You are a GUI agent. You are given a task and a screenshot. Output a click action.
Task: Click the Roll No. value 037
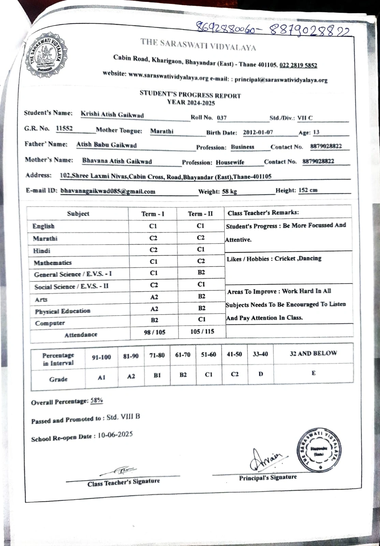pyautogui.click(x=222, y=118)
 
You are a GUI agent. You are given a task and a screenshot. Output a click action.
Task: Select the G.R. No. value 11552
pyautogui.click(x=64, y=128)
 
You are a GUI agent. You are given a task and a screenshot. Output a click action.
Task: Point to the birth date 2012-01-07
pyautogui.click(x=258, y=132)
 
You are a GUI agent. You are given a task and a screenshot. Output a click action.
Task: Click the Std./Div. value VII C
pyautogui.click(x=305, y=118)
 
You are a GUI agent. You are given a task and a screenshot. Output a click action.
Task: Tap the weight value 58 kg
pyautogui.click(x=229, y=191)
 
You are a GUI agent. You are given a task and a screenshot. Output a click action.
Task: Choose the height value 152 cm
pyautogui.click(x=308, y=190)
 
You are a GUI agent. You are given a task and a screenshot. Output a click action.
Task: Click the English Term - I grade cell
pyautogui.click(x=153, y=226)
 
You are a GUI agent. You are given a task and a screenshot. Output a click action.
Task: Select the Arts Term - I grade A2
pyautogui.click(x=154, y=297)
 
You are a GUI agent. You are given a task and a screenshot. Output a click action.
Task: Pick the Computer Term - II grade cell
pyautogui.click(x=202, y=319)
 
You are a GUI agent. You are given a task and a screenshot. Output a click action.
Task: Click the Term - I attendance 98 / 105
pyautogui.click(x=155, y=332)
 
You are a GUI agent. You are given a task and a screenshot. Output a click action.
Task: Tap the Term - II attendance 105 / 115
pyautogui.click(x=202, y=331)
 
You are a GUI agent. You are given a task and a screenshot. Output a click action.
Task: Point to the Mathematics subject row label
pyautogui.click(x=53, y=263)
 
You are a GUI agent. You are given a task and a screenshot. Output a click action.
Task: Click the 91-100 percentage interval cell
pyautogui.click(x=101, y=357)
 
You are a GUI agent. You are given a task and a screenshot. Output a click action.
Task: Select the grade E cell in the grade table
pyautogui.click(x=313, y=373)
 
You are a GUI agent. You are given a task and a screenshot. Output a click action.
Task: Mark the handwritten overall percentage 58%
pyautogui.click(x=97, y=401)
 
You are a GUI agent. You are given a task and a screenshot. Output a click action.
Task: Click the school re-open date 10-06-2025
pyautogui.click(x=115, y=435)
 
